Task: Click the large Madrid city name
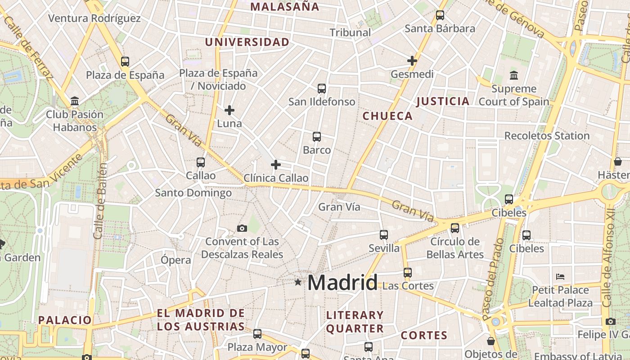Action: tap(342, 283)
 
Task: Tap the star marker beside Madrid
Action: tap(298, 282)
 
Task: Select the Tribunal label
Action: tap(351, 32)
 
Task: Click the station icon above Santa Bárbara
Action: tap(440, 16)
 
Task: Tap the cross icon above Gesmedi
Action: tap(412, 60)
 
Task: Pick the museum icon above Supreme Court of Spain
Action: tap(513, 76)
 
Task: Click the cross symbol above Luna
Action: tap(229, 110)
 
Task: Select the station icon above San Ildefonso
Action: tap(322, 89)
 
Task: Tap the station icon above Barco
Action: tap(317, 137)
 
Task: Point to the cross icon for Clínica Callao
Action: tap(276, 165)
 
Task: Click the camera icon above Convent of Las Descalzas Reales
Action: tap(242, 229)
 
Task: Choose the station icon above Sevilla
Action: tap(384, 235)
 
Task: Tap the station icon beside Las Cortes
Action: tap(408, 273)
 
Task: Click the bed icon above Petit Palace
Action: tap(560, 276)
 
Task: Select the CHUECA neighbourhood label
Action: tap(387, 116)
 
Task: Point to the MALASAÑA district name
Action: tap(285, 7)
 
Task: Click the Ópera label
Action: tap(176, 260)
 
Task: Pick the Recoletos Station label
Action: tap(547, 135)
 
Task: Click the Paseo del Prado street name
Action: tap(493, 279)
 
